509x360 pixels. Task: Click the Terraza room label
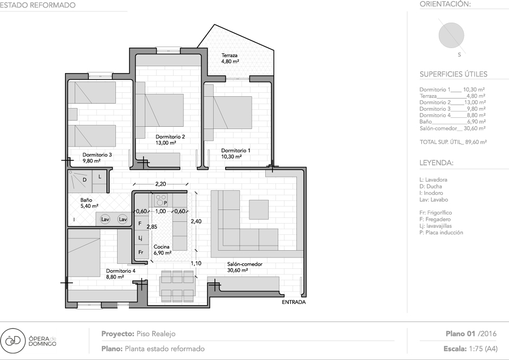230,55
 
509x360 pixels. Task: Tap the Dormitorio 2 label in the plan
170,137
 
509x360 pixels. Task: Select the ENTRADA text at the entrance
294,302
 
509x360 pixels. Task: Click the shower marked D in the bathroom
80,179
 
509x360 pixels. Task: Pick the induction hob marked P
161,200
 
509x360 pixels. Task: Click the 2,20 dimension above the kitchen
161,184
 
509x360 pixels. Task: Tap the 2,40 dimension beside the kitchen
196,221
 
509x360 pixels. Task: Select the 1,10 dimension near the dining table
196,264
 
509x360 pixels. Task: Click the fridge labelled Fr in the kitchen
141,252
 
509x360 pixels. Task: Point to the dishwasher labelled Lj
141,238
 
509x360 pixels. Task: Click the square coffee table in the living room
258,209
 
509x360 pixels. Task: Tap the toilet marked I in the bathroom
74,220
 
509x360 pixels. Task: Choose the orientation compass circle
451,36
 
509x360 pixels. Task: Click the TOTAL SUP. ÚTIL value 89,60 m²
476,142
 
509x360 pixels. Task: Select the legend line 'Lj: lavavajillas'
435,226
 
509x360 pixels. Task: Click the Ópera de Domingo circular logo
12,340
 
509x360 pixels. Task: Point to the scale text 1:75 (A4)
484,349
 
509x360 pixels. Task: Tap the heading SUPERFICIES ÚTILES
454,74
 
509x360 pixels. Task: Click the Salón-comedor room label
245,264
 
